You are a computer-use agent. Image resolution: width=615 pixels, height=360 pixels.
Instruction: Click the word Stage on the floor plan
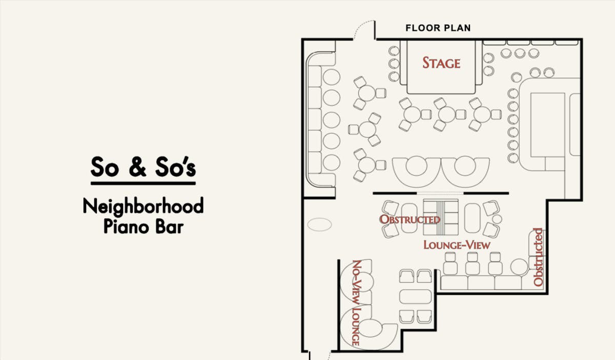point(441,63)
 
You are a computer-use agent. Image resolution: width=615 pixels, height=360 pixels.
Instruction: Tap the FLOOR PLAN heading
point(438,28)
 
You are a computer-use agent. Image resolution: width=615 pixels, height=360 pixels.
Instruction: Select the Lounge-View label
point(457,245)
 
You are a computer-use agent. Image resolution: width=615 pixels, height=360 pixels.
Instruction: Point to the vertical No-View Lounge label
point(356,303)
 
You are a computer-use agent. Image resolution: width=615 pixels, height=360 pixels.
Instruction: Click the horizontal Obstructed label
point(409,219)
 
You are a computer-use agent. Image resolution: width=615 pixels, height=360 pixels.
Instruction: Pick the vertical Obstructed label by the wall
point(538,257)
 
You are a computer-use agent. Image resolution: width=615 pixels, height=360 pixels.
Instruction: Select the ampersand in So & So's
point(137,167)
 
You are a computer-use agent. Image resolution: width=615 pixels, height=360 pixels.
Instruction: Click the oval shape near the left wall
point(320,225)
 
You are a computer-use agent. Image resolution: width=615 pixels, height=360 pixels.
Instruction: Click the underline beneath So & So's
point(143,183)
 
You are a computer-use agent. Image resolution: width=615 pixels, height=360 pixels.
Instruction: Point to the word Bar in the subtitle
point(170,227)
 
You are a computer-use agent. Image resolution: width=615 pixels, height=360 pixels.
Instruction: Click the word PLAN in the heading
point(457,28)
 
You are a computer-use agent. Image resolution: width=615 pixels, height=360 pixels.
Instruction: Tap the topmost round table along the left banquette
point(332,77)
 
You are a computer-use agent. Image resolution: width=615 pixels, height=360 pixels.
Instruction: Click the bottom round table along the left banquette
point(332,163)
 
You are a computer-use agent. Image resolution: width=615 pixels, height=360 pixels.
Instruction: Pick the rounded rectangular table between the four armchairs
point(416,296)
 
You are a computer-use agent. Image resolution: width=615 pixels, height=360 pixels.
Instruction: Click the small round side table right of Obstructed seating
point(497,219)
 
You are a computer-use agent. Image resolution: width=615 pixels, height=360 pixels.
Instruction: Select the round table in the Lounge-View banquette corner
point(519,267)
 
